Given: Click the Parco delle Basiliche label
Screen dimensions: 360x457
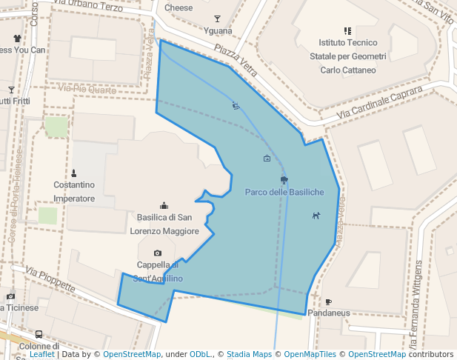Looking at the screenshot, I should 284,193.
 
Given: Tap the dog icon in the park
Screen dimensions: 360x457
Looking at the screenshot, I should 316,216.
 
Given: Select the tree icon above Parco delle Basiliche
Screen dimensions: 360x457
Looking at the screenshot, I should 284,180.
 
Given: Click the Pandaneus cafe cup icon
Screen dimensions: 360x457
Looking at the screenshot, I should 328,301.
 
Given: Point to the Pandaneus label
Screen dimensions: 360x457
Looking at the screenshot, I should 328,313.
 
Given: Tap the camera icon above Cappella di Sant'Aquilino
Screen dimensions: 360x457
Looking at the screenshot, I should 158,253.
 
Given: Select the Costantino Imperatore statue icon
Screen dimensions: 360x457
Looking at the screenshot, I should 73,173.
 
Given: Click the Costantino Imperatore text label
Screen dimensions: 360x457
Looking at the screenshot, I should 74,192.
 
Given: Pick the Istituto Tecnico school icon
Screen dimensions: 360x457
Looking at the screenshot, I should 347,31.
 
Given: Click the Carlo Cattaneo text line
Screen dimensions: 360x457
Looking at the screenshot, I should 347,70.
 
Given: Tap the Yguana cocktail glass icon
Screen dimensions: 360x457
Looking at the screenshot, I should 217,19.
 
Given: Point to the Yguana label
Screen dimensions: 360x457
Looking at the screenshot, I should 217,31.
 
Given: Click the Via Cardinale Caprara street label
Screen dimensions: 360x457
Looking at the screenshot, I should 379,102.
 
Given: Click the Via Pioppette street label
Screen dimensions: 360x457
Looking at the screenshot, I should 50,279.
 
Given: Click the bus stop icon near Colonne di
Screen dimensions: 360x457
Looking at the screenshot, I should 39,334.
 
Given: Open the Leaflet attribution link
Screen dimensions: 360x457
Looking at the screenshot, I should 41,354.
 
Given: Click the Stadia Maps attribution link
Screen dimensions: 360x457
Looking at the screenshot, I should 249,354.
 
